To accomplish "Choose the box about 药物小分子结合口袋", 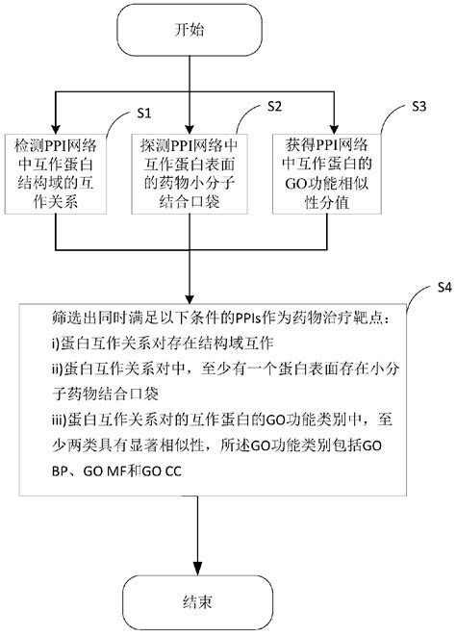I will pyautogui.click(x=196, y=175).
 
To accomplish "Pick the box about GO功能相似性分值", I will pyautogui.click(x=334, y=175).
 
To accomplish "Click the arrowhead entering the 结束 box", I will pyautogui.click(x=197, y=568).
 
